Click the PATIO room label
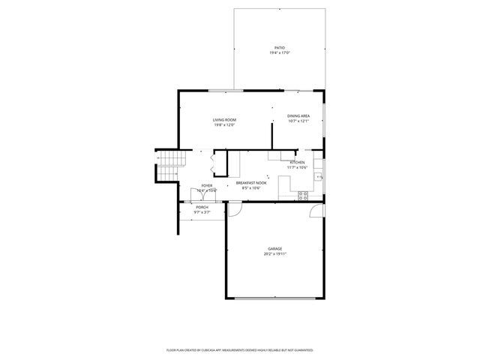(279, 47)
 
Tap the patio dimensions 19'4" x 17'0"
(279, 52)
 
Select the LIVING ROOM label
(224, 120)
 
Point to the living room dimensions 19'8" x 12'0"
(224, 125)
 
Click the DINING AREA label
(298, 115)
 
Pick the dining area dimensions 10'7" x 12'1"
(298, 121)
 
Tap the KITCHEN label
(297, 162)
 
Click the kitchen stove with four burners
(304, 195)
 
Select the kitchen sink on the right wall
(319, 177)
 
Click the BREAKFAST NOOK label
(251, 183)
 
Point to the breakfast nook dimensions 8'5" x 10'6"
(251, 188)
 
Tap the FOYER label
(206, 185)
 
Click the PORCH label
(202, 207)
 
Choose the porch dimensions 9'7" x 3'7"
(202, 212)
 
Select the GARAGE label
(275, 248)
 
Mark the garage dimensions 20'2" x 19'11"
(275, 253)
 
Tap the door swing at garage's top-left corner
(235, 210)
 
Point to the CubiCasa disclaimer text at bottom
(239, 350)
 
